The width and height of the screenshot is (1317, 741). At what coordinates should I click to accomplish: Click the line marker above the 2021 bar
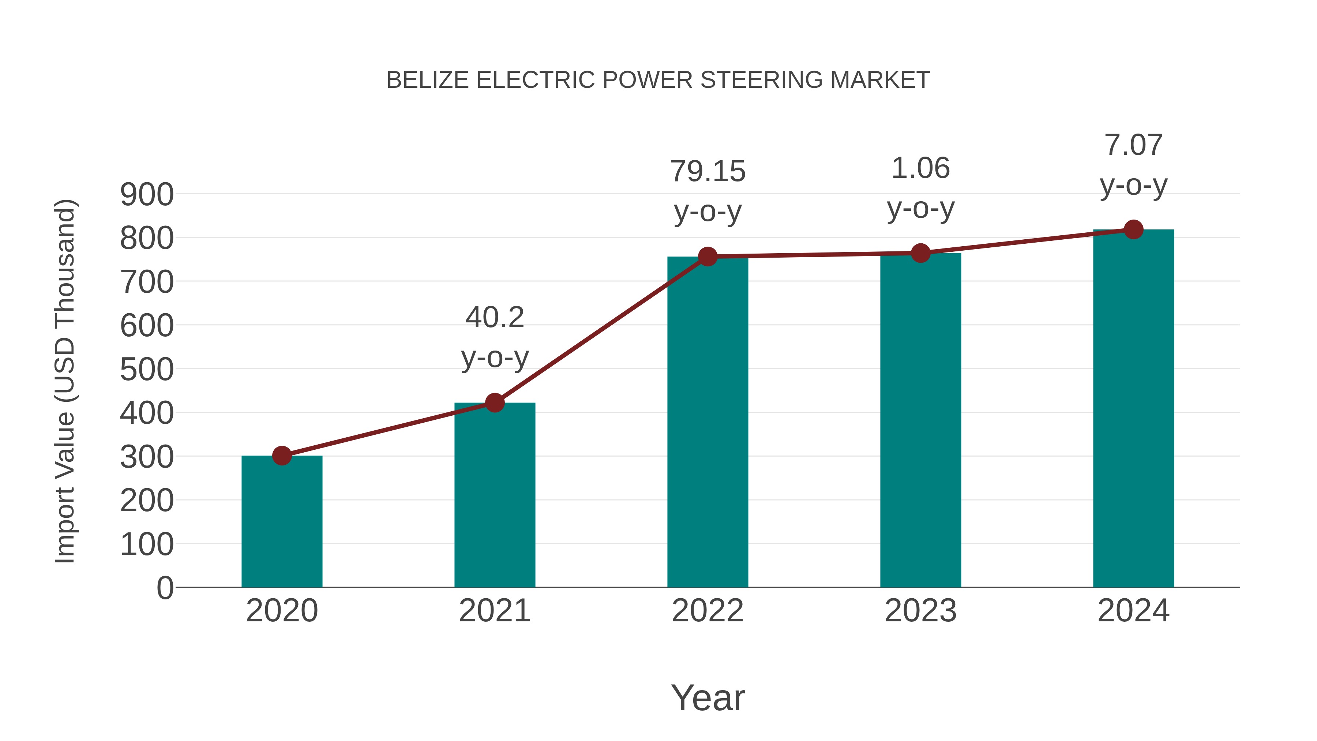point(494,403)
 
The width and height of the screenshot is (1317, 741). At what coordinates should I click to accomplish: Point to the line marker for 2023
point(920,253)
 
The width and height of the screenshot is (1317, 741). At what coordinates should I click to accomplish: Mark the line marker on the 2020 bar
point(282,456)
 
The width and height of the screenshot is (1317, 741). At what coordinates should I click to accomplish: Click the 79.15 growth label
point(708,172)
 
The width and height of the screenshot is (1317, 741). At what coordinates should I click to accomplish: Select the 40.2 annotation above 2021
point(494,318)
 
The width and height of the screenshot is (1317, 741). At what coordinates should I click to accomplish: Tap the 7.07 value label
point(1133,145)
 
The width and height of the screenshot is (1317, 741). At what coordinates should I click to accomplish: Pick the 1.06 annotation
point(920,169)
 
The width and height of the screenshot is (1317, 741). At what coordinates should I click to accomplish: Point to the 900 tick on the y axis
point(147,195)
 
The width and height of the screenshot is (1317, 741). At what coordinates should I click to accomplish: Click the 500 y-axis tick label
point(147,370)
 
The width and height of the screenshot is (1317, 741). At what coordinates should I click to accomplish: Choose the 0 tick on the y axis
point(165,588)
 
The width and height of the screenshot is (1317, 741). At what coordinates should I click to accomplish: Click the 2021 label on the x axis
point(494,611)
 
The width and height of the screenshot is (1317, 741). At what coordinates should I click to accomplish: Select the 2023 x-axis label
point(920,611)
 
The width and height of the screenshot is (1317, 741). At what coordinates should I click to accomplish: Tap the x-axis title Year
point(708,698)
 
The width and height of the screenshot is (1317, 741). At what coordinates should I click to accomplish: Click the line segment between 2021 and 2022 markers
point(601,329)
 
